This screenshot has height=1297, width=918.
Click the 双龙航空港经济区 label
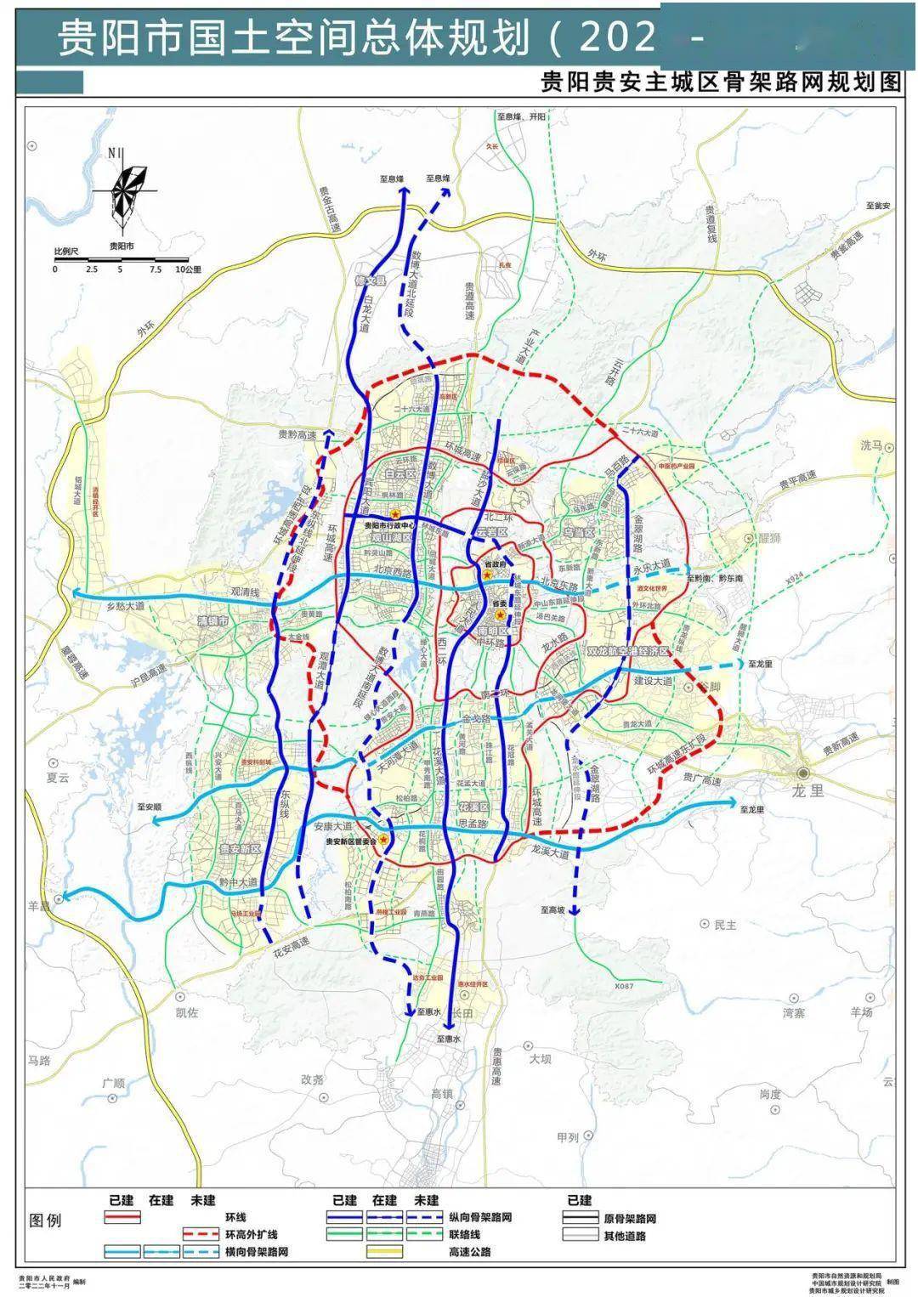(x=629, y=650)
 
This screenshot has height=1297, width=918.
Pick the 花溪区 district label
(x=473, y=804)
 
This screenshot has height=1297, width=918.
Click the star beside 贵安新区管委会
(x=384, y=840)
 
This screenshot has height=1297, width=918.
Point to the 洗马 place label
(x=872, y=445)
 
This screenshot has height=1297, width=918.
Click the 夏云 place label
(x=57, y=777)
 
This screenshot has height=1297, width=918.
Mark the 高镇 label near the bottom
(x=442, y=1094)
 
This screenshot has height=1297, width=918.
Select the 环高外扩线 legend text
(x=252, y=1234)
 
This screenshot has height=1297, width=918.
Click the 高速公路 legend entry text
(x=470, y=1252)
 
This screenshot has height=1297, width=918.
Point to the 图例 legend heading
(x=47, y=1221)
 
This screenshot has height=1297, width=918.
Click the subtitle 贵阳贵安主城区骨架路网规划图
(x=720, y=83)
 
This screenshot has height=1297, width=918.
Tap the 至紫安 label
(x=877, y=206)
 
